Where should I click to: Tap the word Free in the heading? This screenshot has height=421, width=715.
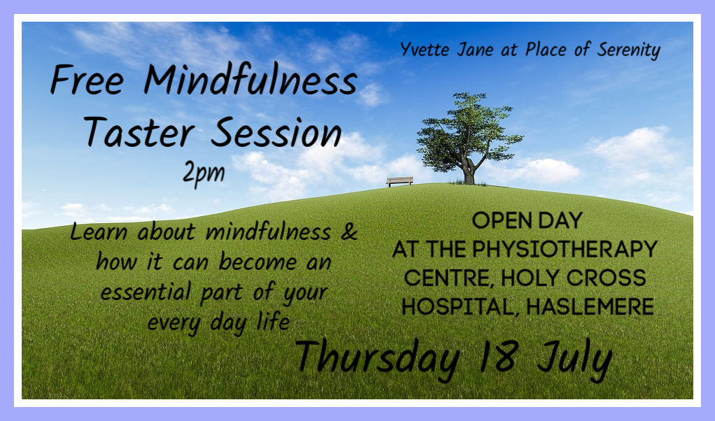point(87,80)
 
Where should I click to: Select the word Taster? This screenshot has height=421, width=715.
point(139,132)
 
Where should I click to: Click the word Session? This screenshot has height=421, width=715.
point(276,132)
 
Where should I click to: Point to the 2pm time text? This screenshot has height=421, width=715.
point(204,173)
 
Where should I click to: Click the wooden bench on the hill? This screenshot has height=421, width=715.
point(399,181)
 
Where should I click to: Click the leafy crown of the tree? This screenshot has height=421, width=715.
point(469,130)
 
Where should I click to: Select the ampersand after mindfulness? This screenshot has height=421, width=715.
point(349,231)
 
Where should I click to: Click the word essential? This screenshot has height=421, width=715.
point(146,292)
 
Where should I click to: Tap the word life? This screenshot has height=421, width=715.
point(273,321)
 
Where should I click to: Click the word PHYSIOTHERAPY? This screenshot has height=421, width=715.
point(565,249)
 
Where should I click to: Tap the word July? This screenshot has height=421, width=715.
point(574,360)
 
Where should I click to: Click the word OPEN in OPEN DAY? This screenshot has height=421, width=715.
point(495,220)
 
